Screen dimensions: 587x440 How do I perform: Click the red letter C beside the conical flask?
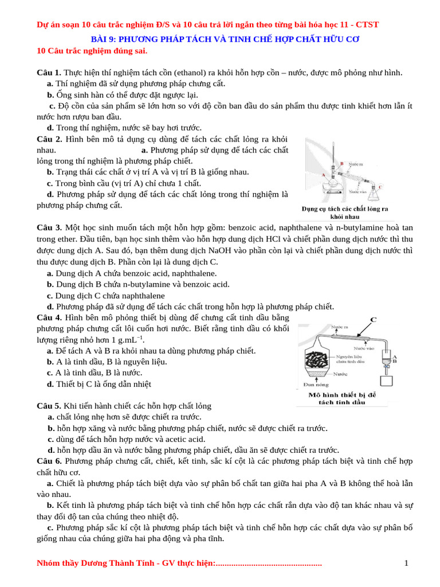(x=382, y=186)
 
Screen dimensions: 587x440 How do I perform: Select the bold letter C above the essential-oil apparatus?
(x=373, y=320)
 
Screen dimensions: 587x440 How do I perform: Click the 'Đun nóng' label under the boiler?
(x=311, y=384)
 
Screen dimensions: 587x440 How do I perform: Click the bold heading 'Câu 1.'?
(x=49, y=72)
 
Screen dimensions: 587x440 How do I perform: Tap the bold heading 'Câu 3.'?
(x=49, y=228)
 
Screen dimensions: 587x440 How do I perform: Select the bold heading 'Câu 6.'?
(x=49, y=461)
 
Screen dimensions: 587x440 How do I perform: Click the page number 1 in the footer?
(x=406, y=563)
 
